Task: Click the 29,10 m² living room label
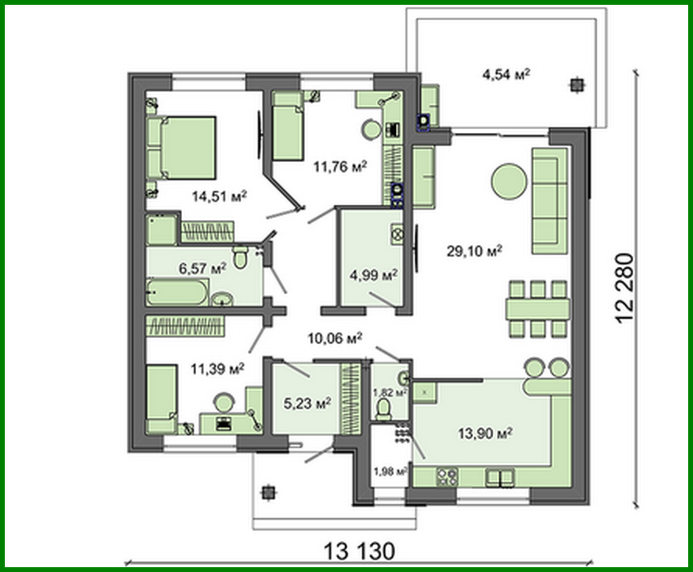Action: [x=474, y=251]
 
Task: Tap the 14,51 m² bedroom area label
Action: [x=219, y=196]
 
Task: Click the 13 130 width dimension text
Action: [x=359, y=551]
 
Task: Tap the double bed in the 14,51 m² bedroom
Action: [x=187, y=148]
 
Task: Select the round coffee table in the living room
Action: [x=509, y=181]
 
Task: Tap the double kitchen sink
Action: [x=500, y=477]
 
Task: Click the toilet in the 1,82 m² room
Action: [x=384, y=409]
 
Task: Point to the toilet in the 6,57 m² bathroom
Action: [x=240, y=257]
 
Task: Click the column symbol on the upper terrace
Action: [x=576, y=84]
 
